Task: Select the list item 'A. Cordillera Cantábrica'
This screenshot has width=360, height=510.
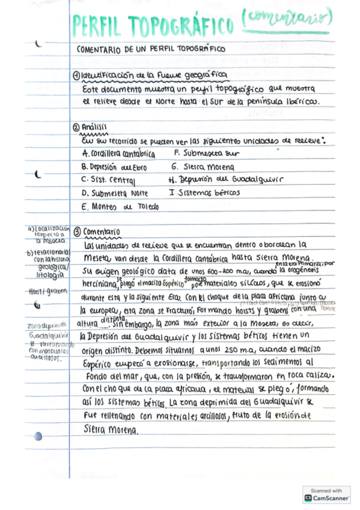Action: (118, 154)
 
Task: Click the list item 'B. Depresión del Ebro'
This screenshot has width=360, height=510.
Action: (115, 167)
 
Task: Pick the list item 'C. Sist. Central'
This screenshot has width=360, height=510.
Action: (109, 180)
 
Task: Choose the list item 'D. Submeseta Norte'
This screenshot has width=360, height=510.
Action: (114, 193)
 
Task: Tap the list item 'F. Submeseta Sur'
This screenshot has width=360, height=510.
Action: (198, 153)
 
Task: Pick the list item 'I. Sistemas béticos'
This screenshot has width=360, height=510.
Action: (204, 192)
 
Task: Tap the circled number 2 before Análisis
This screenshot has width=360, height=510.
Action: (76, 128)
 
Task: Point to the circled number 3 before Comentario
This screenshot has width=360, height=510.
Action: (76, 231)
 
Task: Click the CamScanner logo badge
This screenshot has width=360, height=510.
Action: (326, 495)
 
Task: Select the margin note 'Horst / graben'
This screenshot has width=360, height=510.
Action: (41, 290)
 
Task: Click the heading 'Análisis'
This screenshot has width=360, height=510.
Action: (94, 128)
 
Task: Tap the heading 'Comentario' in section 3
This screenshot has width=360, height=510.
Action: (102, 232)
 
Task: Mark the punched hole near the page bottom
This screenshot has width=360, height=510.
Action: (38, 436)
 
